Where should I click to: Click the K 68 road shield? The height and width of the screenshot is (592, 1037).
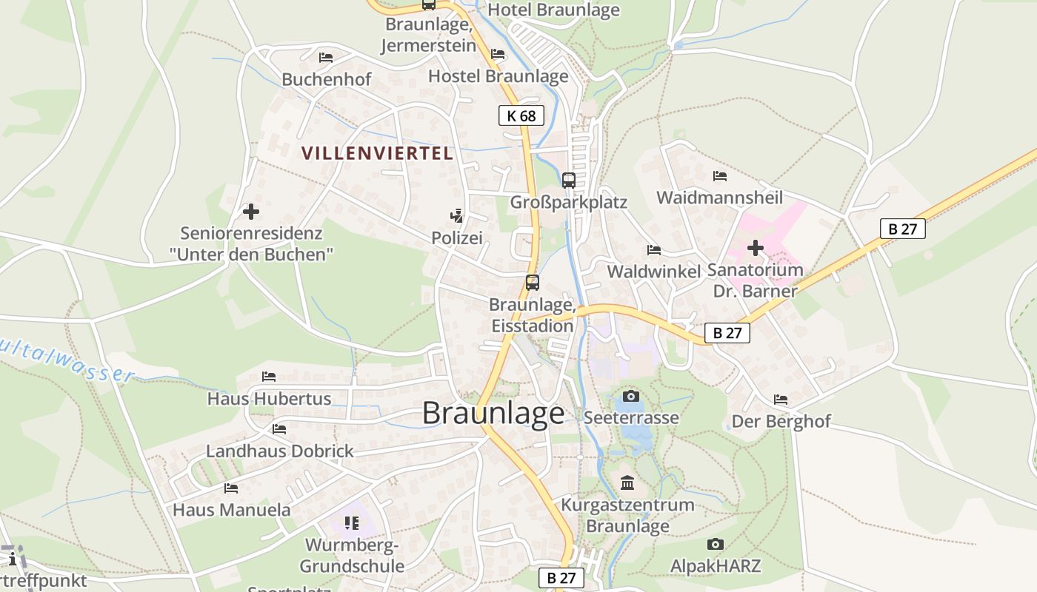521,115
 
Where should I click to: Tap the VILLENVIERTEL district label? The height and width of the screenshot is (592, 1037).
377,153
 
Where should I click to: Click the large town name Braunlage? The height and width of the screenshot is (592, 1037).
493,413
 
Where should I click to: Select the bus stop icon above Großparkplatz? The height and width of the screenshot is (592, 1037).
568,180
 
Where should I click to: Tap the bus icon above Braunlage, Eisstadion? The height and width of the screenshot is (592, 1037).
532,282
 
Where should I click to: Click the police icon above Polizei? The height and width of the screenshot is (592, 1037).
456,216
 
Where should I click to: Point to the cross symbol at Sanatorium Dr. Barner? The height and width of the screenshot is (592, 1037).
755,247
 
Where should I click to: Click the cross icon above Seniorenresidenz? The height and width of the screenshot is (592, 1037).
251,212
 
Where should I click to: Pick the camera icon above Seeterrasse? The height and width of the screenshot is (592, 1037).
630,396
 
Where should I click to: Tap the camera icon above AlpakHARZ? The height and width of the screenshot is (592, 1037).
715,544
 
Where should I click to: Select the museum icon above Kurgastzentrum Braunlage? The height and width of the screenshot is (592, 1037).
627,483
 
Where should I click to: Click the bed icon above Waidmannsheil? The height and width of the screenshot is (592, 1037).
719,176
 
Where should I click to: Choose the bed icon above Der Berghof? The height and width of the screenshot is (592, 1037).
781,400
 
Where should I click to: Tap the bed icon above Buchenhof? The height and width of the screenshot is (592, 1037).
326,58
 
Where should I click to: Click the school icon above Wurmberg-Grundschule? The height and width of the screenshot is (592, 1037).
352,523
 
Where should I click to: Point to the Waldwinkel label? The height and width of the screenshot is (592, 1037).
653,272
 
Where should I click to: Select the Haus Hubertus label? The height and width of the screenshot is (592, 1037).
269,398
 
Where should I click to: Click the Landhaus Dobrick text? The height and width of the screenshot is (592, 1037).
280,451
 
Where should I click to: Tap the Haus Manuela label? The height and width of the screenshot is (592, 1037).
232,510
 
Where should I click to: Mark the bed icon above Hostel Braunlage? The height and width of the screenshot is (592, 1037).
498,54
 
